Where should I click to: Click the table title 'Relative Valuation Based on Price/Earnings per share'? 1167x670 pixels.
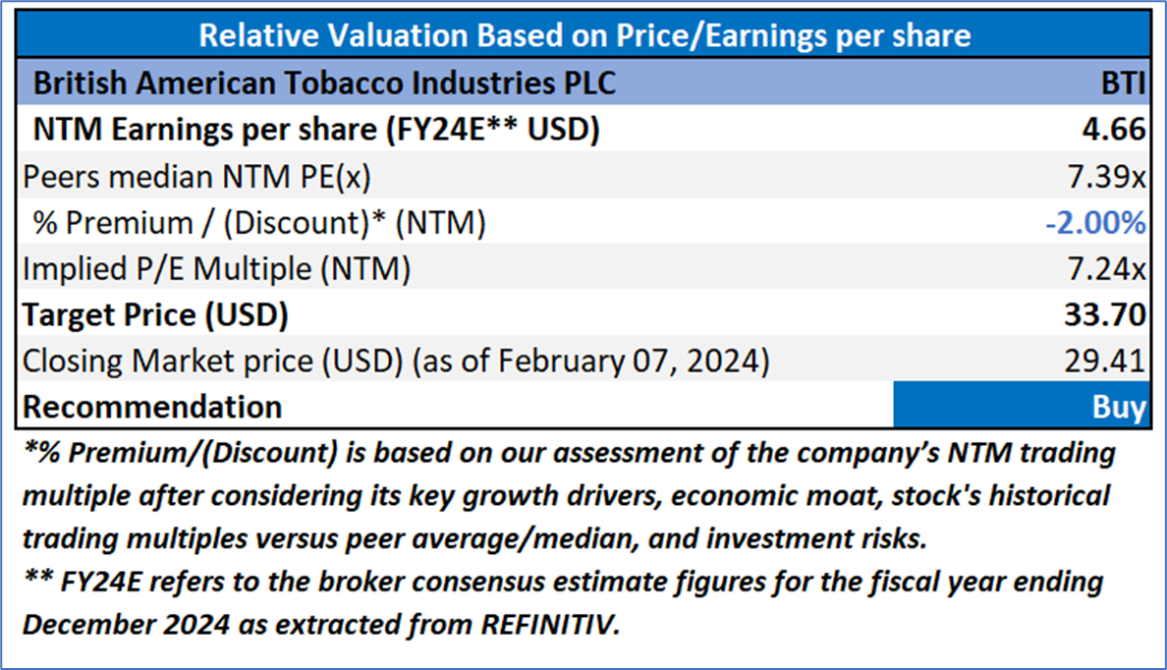(x=583, y=36)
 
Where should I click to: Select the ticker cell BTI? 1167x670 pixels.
(x=1120, y=83)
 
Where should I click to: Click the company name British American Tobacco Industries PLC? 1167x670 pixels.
(x=324, y=83)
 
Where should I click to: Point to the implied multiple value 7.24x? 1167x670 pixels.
(x=1111, y=268)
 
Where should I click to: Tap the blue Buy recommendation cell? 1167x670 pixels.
(x=1021, y=407)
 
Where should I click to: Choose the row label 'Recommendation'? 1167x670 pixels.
(x=152, y=407)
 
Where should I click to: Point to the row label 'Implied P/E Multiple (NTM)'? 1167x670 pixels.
(x=216, y=268)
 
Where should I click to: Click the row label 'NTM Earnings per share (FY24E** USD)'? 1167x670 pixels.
(x=316, y=130)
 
